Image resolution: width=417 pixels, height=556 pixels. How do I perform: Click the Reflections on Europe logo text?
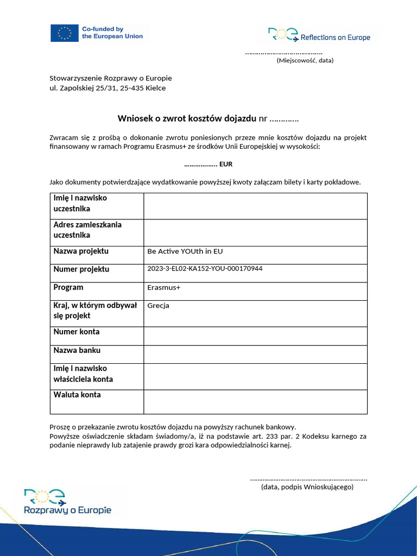click(335, 37)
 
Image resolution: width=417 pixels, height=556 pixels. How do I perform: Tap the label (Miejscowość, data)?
click(305, 60)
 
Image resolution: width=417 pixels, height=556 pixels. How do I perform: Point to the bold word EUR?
click(226, 165)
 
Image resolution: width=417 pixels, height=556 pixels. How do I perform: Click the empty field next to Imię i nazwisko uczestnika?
click(255, 206)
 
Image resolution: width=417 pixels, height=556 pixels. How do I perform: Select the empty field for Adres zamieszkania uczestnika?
click(255, 232)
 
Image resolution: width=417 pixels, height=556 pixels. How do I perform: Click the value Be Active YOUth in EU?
click(185, 251)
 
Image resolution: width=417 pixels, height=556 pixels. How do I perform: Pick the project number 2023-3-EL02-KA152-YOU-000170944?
click(205, 268)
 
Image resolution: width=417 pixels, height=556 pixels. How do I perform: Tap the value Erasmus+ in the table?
click(163, 288)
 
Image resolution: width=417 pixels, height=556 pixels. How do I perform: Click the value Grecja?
click(159, 306)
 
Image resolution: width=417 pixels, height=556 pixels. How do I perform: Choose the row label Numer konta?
click(77, 332)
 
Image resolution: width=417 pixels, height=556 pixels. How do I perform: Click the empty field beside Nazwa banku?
click(255, 354)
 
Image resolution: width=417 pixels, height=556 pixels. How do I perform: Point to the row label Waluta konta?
click(77, 395)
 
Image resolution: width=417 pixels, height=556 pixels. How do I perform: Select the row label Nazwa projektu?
click(81, 251)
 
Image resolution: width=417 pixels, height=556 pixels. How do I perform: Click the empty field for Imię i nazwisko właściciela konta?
click(255, 377)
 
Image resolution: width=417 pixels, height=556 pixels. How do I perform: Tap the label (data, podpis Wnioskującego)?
click(307, 487)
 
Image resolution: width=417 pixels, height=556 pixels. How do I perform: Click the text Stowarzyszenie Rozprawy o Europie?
click(111, 78)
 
